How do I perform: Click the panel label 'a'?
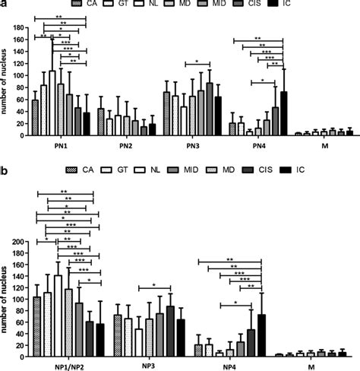[4, 4]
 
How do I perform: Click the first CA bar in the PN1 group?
[34, 117]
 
